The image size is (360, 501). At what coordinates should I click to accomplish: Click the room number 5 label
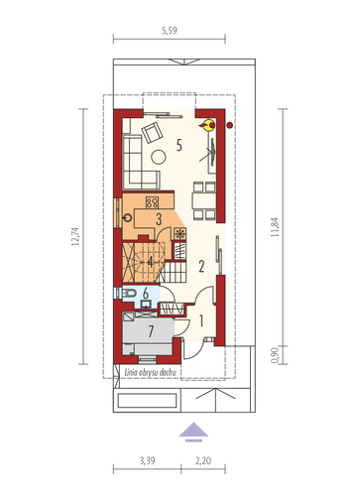pyautogui.click(x=180, y=145)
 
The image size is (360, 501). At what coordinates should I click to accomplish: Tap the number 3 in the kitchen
pyautogui.click(x=159, y=219)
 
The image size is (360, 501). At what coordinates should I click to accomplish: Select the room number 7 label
pyautogui.click(x=151, y=331)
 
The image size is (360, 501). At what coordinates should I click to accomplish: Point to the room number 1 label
pyautogui.click(x=201, y=321)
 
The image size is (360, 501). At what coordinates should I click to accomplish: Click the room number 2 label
pyautogui.click(x=201, y=266)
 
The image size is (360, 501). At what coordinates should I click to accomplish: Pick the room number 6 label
pyautogui.click(x=146, y=293)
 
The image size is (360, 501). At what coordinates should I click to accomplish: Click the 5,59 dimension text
pyautogui.click(x=170, y=31)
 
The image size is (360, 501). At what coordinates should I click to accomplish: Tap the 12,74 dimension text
pyautogui.click(x=75, y=236)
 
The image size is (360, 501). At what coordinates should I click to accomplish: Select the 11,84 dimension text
pyautogui.click(x=275, y=227)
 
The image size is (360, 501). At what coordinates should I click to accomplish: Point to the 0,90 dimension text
pyautogui.click(x=275, y=355)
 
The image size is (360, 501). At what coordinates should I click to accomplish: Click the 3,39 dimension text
pyautogui.click(x=147, y=460)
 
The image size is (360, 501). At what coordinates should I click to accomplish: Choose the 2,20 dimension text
pyautogui.click(x=203, y=460)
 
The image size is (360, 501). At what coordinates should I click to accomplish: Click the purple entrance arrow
pyautogui.click(x=193, y=432)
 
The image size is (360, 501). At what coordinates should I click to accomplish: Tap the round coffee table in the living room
pyautogui.click(x=159, y=157)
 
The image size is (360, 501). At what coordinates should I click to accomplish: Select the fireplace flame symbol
pyautogui.click(x=208, y=125)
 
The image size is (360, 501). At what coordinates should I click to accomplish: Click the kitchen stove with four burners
pyautogui.click(x=152, y=202)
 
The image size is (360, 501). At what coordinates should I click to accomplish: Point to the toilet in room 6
pyautogui.click(x=129, y=293)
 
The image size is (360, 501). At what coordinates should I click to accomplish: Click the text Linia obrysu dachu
pyautogui.click(x=150, y=372)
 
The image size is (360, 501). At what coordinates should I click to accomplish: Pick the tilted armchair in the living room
pyautogui.click(x=152, y=133)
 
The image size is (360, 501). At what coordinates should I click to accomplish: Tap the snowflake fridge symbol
pyautogui.click(x=180, y=234)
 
